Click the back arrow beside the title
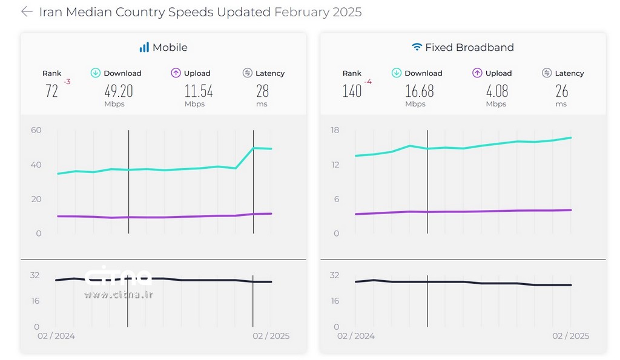[x=26, y=11]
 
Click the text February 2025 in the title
[x=318, y=12]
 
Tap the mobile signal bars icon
[x=144, y=47]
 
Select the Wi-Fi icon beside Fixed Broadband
[x=417, y=47]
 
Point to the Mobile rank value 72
[x=52, y=91]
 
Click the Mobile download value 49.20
[x=119, y=91]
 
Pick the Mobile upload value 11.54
[x=199, y=91]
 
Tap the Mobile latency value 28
[x=262, y=91]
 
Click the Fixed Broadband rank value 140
[x=352, y=91]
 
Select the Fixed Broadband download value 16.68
[x=419, y=91]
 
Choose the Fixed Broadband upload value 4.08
[x=496, y=91]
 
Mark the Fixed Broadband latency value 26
[x=562, y=91]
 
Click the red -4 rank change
[x=368, y=82]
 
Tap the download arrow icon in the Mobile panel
[x=96, y=73]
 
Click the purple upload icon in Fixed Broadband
[x=477, y=73]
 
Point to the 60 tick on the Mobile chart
[x=36, y=130]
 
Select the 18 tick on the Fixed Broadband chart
[x=335, y=130]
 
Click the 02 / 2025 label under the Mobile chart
[x=271, y=336]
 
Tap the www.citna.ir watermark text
[x=118, y=295]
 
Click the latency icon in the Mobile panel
[x=247, y=73]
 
